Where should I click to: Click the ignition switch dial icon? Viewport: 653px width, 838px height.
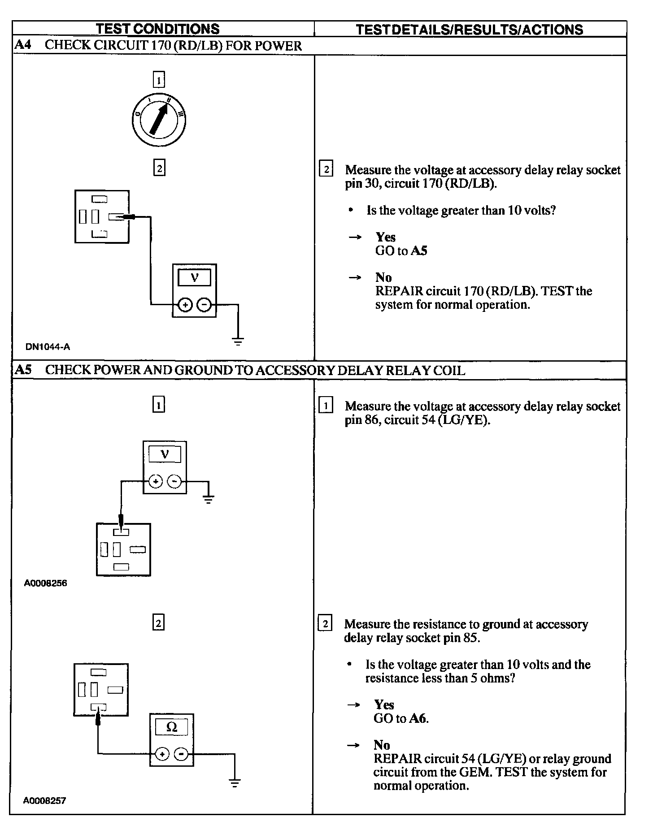coord(159,120)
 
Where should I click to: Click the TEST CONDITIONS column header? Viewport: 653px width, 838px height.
coord(157,29)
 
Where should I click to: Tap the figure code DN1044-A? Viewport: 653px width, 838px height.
coord(48,346)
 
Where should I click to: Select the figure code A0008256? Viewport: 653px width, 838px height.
coord(46,583)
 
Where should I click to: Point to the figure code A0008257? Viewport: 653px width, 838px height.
coord(45,801)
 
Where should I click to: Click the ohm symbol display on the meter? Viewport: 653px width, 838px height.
coord(172,727)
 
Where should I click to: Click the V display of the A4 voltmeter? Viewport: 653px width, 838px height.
coord(194,278)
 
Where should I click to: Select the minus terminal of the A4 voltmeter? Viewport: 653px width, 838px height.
coord(204,305)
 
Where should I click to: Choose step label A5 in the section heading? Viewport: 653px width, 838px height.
coord(23,370)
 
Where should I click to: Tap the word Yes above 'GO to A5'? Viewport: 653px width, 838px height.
coord(386,237)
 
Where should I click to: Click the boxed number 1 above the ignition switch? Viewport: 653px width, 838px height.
coord(159,80)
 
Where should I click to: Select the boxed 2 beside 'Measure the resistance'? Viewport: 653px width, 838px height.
coord(325,624)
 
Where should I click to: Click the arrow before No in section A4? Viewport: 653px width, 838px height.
coord(355,278)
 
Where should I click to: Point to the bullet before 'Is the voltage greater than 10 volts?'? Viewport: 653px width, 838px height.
coord(351,210)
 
